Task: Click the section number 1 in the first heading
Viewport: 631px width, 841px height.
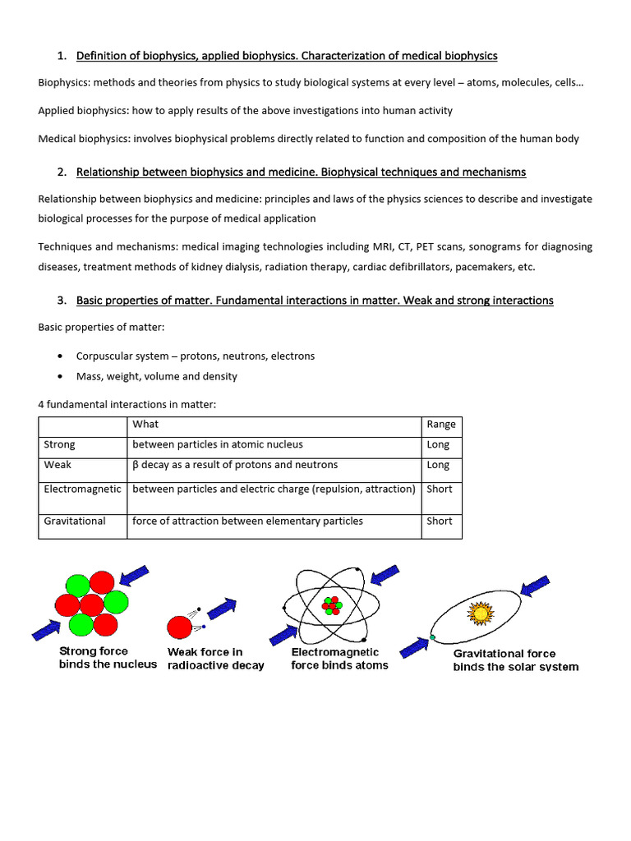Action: [61, 56]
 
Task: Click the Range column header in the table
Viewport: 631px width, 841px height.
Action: [441, 425]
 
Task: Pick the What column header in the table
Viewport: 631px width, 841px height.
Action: [145, 425]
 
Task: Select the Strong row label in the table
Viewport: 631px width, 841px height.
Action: [59, 444]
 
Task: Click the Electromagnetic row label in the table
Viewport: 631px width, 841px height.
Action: [82, 489]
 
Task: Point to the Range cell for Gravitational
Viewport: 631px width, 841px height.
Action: [440, 521]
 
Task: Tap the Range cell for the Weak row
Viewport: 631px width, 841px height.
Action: [438, 465]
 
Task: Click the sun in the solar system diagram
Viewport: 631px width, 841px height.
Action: [479, 613]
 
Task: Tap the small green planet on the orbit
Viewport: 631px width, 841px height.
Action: [431, 637]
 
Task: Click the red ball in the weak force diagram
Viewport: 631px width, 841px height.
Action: [179, 627]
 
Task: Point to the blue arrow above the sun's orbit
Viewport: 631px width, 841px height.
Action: [535, 586]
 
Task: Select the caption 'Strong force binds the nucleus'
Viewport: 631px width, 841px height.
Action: [107, 658]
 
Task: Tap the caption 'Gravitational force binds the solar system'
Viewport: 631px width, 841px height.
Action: [515, 660]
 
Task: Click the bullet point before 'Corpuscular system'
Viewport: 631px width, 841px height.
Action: [61, 356]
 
